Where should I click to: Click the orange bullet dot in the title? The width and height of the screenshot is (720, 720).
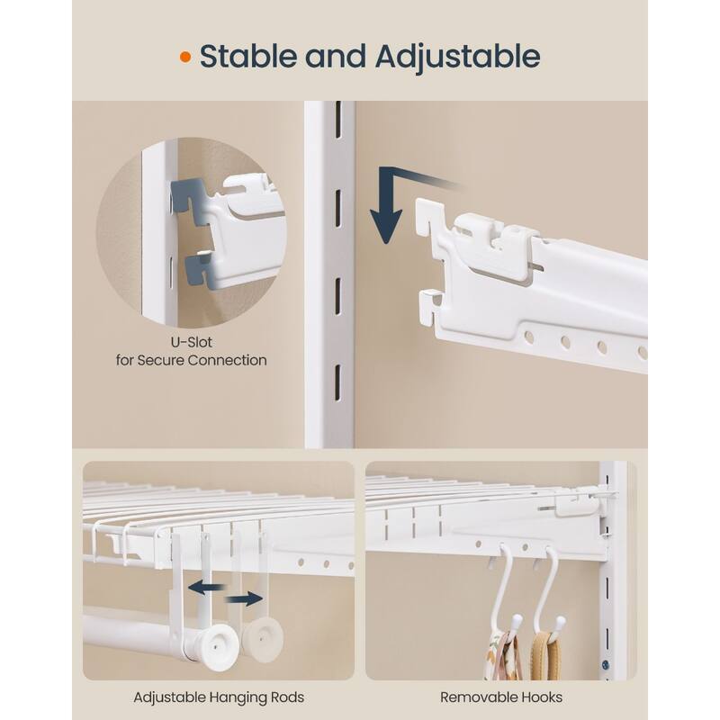click(185, 57)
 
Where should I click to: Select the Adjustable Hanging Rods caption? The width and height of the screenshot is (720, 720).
click(219, 697)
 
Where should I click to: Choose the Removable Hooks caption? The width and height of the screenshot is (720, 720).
click(501, 697)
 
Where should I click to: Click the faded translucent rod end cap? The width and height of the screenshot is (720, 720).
click(263, 639)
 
